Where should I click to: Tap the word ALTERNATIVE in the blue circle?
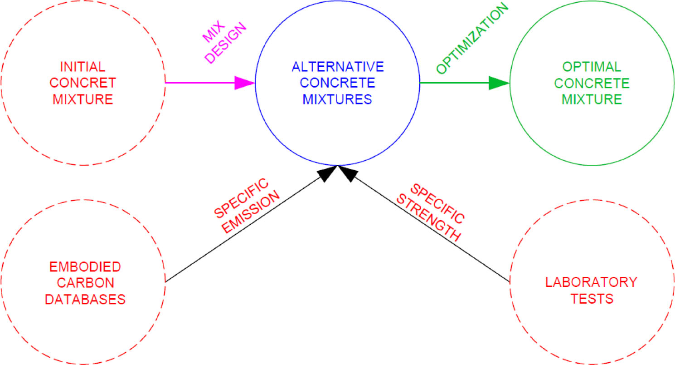click(x=338, y=67)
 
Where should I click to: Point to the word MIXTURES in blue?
click(x=338, y=99)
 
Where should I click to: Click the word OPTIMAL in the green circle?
click(x=592, y=67)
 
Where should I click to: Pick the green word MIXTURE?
click(x=592, y=99)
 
